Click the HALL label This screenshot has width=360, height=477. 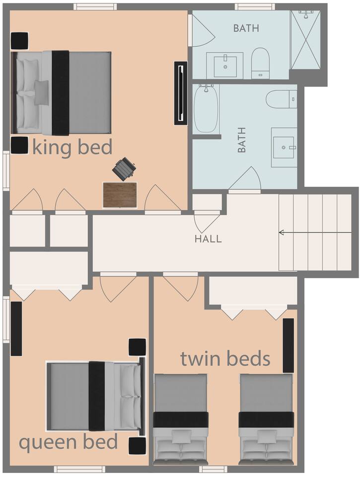pyautogui.click(x=208, y=239)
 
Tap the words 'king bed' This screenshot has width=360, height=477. pyautogui.click(x=72, y=147)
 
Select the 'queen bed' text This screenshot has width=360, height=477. pyautogui.click(x=69, y=443)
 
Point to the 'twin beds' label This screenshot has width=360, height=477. pyautogui.click(x=225, y=358)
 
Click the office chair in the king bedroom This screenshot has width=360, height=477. pyautogui.click(x=124, y=169)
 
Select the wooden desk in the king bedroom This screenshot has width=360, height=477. pyautogui.click(x=120, y=195)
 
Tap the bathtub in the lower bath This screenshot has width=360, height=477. pyautogui.click(x=206, y=109)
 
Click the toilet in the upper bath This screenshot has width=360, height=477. pyautogui.click(x=261, y=63)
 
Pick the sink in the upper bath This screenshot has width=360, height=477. pyautogui.click(x=225, y=65)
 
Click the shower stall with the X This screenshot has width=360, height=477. pyautogui.click(x=305, y=40)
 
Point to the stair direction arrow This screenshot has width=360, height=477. pyautogui.click(x=315, y=233)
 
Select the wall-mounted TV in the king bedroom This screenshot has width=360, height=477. pyautogui.click(x=181, y=93)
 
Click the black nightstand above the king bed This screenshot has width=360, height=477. pyautogui.click(x=20, y=41)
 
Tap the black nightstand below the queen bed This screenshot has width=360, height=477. pyautogui.click(x=137, y=446)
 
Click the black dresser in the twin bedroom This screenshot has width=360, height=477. pyautogui.click(x=288, y=345)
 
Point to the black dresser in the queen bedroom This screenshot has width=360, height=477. pyautogui.click(x=16, y=328)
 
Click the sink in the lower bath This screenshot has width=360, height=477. pyautogui.click(x=284, y=148)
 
